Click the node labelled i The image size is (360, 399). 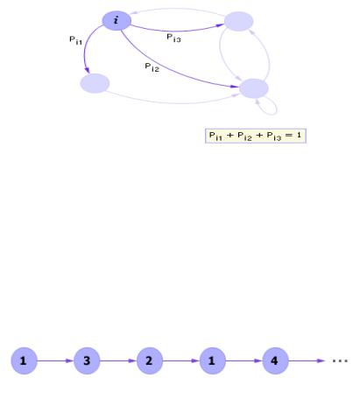pyautogui.click(x=116, y=21)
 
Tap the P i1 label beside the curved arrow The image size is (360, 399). pyautogui.click(x=75, y=40)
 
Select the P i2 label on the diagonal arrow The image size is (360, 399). pyautogui.click(x=152, y=67)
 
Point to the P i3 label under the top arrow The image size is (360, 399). pyautogui.click(x=173, y=38)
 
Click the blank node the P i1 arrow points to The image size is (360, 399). pyautogui.click(x=95, y=83)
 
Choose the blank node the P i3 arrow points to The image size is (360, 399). pyautogui.click(x=238, y=21)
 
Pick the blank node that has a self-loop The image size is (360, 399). pyautogui.click(x=254, y=88)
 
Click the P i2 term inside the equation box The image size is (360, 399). pyautogui.click(x=244, y=136)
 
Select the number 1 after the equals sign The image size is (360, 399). pyautogui.click(x=299, y=135)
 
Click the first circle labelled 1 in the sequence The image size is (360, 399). pyautogui.click(x=25, y=360)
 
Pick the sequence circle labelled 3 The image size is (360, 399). pyautogui.click(x=87, y=360)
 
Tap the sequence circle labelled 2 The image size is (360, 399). pyautogui.click(x=150, y=360)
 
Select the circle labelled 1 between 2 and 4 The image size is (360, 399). pyautogui.click(x=213, y=360)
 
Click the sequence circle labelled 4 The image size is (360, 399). pyautogui.click(x=275, y=360)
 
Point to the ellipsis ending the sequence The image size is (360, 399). pyautogui.click(x=341, y=361)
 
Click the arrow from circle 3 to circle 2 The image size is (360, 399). pyautogui.click(x=118, y=360)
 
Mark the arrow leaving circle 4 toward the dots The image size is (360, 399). pyautogui.click(x=307, y=360)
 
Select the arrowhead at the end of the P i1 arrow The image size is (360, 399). pyautogui.click(x=87, y=70)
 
